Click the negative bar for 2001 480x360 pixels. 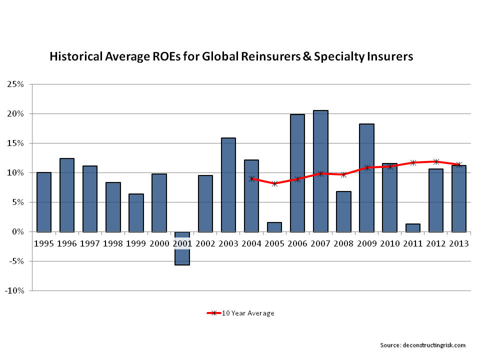click(182, 248)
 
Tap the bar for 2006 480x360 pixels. click(297, 173)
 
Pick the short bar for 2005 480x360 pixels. click(274, 227)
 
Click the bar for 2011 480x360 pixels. click(412, 227)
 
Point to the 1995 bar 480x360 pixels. click(44, 202)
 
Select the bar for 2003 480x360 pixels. click(228, 184)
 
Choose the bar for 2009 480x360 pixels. click(366, 177)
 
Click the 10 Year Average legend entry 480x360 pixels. click(240, 313)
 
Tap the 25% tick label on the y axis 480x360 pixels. click(15, 84)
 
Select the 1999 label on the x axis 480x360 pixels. click(136, 243)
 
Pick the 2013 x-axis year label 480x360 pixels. click(458, 243)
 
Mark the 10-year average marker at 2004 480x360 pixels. click(252, 178)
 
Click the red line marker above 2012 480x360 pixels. click(436, 161)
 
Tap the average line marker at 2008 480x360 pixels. click(343, 174)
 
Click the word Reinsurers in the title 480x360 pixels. click(253, 56)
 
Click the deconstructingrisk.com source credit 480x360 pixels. click(423, 345)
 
